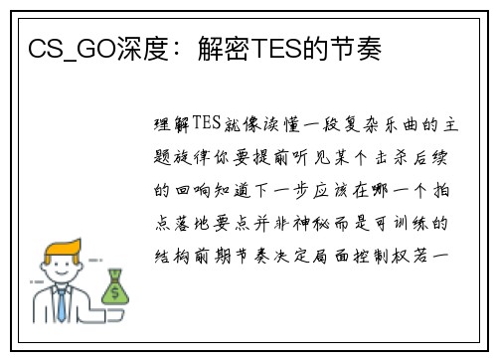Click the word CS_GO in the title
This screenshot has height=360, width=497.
(x=73, y=49)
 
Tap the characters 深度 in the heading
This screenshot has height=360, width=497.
(x=143, y=49)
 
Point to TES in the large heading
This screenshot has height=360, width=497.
(x=276, y=49)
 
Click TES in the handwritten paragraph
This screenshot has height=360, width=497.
(x=207, y=122)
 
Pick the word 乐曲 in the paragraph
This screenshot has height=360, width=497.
(x=402, y=125)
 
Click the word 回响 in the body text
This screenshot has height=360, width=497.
(x=193, y=190)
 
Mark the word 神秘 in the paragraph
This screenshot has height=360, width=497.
(x=311, y=223)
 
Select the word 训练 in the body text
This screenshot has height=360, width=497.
(x=411, y=223)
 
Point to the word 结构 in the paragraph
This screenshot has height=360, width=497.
(x=172, y=257)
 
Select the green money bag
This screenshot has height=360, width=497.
(x=115, y=286)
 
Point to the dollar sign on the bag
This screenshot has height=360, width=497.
(x=115, y=293)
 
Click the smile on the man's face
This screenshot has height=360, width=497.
(x=62, y=273)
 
